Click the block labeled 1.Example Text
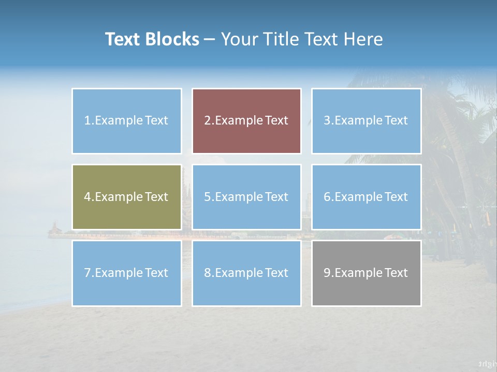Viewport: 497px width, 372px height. pos(127,121)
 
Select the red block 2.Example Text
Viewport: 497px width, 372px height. pos(246,121)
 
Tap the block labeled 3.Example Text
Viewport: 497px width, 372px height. pos(366,121)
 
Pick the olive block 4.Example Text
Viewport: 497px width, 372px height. pos(127,197)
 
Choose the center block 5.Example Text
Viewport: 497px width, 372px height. pos(246,197)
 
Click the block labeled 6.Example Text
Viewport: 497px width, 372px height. pos(366,197)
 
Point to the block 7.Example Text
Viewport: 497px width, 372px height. pos(127,273)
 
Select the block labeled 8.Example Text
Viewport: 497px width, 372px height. pos(246,273)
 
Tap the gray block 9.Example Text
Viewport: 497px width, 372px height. pos(366,273)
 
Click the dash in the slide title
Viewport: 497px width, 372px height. pos(210,39)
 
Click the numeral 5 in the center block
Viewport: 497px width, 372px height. pos(207,197)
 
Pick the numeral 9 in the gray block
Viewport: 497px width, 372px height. pos(327,273)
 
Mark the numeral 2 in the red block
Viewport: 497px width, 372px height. pos(207,121)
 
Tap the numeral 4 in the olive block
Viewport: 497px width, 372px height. pos(87,197)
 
